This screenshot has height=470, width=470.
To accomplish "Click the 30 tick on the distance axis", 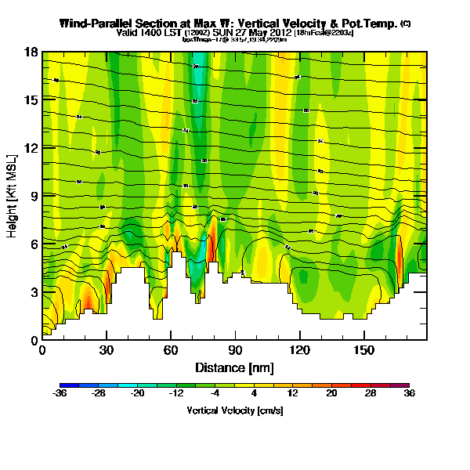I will [x=107, y=350].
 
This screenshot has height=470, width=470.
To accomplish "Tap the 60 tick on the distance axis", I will [x=171, y=350].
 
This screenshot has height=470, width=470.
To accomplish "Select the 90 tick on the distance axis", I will [x=235, y=350].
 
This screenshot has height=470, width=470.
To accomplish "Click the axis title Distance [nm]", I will [x=234, y=367].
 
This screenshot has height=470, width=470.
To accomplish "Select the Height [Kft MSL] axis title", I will [x=13, y=196].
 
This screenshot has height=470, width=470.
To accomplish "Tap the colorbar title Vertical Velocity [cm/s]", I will [x=234, y=410].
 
